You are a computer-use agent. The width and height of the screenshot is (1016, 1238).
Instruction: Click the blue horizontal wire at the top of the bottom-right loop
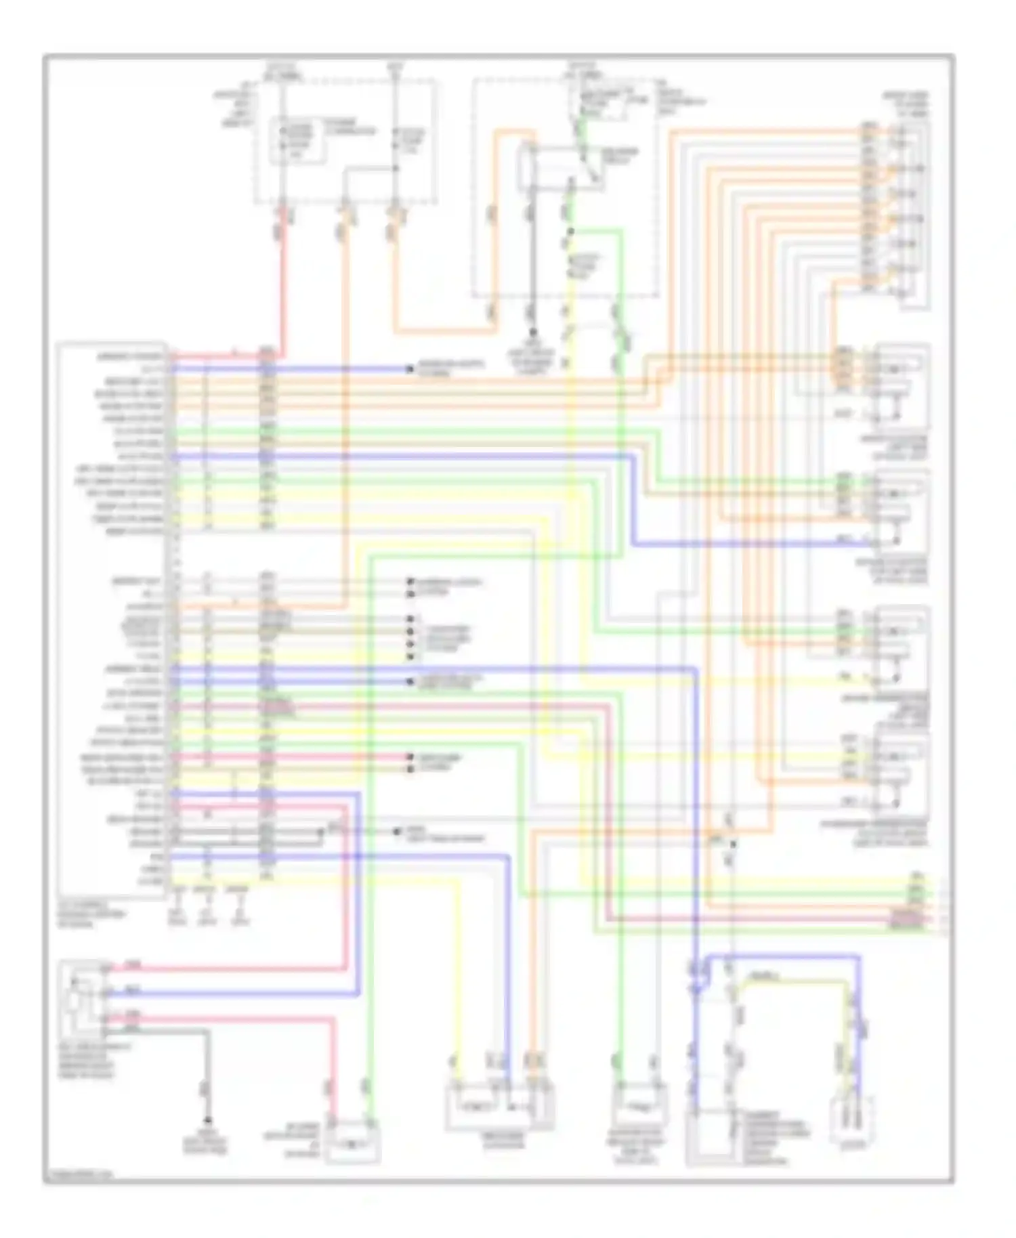[779, 956]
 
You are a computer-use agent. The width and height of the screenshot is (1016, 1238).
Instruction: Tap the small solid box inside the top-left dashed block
[298, 141]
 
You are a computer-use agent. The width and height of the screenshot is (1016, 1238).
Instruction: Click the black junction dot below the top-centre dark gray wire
[533, 333]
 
